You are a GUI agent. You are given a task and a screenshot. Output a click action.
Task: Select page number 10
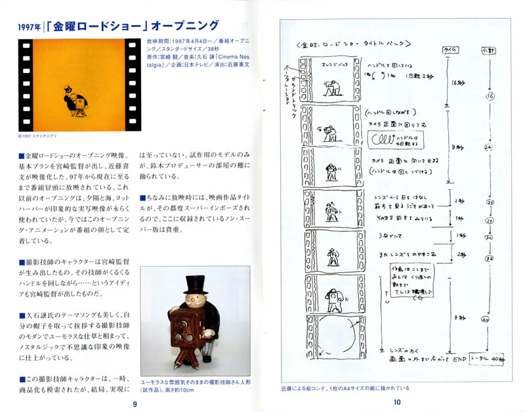point(396,403)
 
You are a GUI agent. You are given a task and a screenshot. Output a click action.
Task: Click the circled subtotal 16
point(490,97)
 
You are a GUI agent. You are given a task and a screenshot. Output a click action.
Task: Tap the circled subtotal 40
point(486,319)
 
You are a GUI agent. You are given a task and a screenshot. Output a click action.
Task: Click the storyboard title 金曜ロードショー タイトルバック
point(354,45)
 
